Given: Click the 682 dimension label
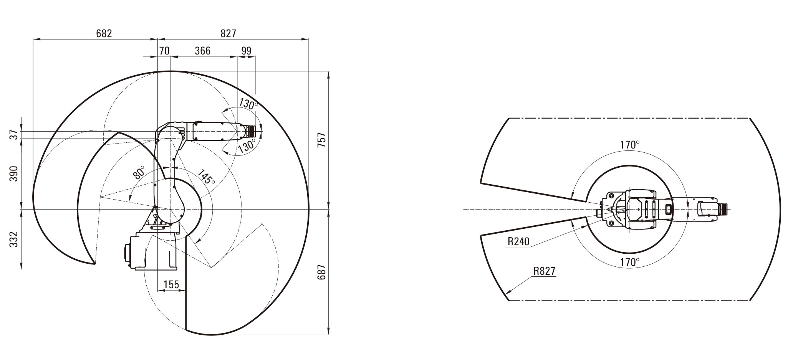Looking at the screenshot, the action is click(104, 33).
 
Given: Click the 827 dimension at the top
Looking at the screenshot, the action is click(228, 33).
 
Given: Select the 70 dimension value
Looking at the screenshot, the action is click(164, 51).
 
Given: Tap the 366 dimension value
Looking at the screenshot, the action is click(202, 51).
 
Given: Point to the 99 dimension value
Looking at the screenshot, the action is click(246, 51).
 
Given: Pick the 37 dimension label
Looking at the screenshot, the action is click(14, 135).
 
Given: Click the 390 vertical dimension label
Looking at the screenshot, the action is click(14, 174).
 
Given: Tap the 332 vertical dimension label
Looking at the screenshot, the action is click(14, 239).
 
